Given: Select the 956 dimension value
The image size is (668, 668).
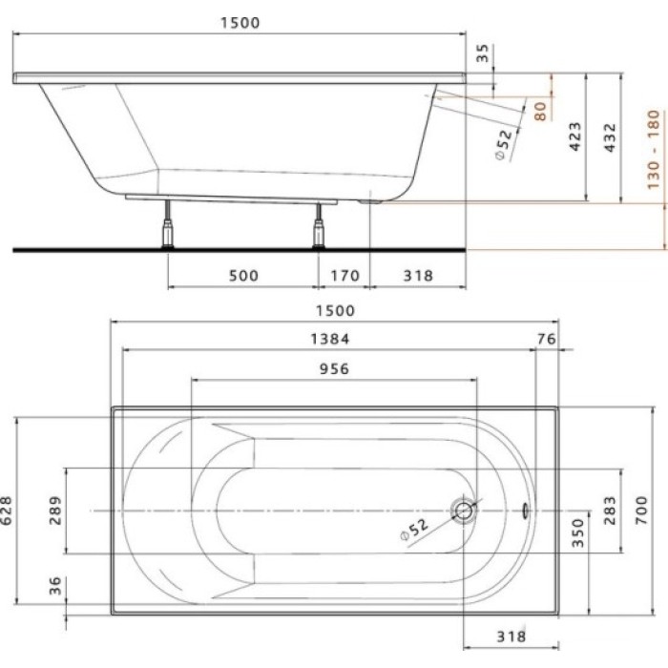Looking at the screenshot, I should [x=332, y=368].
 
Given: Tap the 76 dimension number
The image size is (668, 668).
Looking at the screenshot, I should [x=547, y=338].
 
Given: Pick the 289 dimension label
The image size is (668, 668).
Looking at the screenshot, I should [x=55, y=511].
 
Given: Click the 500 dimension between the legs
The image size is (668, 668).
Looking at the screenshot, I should [x=243, y=276].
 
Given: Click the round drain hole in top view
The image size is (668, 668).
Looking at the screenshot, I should [x=465, y=511].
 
